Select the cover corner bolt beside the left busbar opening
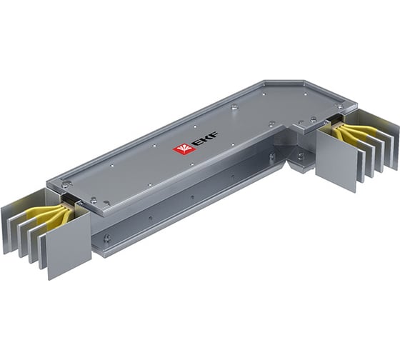click(x=66, y=185)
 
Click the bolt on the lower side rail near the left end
click(x=106, y=238)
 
